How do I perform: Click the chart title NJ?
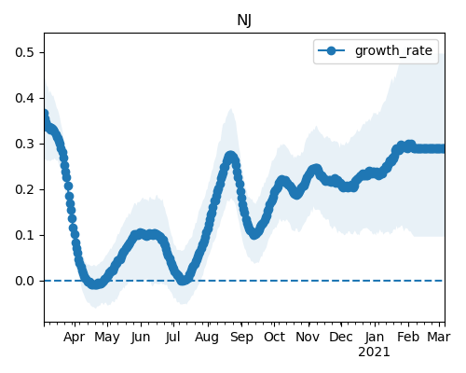tap(244, 21)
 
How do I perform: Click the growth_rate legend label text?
tap(393, 50)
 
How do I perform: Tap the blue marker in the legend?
tap(332, 50)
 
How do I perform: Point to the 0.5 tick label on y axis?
tap(24, 52)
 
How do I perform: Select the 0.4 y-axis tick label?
tap(24, 98)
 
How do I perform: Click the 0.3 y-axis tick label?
tap(24, 144)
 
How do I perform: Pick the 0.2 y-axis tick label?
tap(24, 189)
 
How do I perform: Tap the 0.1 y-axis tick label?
tap(24, 235)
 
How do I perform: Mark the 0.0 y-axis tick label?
tap(24, 281)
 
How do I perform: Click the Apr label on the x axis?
tap(74, 338)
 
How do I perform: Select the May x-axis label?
tap(107, 338)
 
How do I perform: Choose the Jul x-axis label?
tap(172, 337)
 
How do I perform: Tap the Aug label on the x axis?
tap(207, 338)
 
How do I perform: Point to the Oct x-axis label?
tap(274, 337)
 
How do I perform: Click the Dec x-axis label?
tap(341, 337)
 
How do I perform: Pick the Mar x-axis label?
tap(439, 337)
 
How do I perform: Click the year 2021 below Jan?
tap(374, 352)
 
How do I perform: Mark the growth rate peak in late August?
tap(230, 156)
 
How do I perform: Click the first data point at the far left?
tap(45, 114)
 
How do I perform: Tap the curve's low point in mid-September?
tap(254, 234)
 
